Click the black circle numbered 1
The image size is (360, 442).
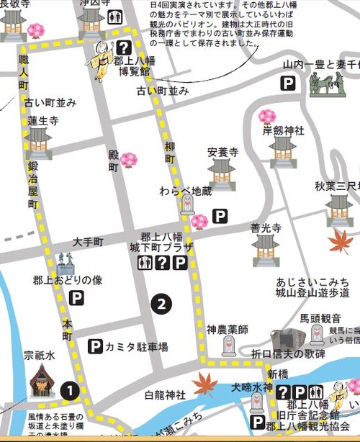(x=69, y=390)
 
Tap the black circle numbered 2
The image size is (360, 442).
(x=162, y=304)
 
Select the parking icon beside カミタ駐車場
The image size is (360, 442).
(x=94, y=347)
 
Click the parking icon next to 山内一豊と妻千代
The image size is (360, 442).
(x=288, y=84)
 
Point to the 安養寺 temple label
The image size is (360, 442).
(x=221, y=152)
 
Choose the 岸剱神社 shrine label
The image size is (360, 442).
(x=284, y=130)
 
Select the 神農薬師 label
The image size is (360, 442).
(x=228, y=329)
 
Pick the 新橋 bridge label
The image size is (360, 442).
(x=278, y=375)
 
